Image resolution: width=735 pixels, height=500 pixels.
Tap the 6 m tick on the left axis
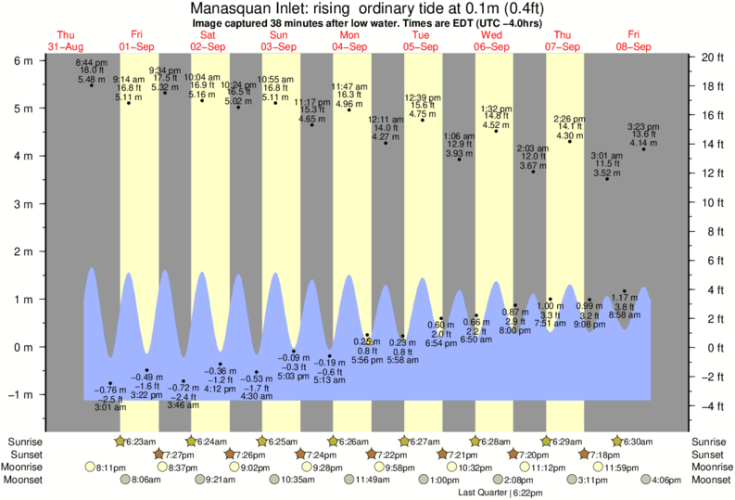pos(22,60)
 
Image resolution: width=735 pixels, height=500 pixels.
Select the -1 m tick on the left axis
pos(19,395)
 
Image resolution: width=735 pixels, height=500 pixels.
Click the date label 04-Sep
pos(349,45)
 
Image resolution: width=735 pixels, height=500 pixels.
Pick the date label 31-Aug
pos(66,45)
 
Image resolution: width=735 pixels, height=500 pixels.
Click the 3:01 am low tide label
pos(110,406)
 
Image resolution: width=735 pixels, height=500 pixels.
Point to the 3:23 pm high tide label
pos(643,126)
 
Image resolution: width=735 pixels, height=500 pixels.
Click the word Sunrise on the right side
pos(710,442)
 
